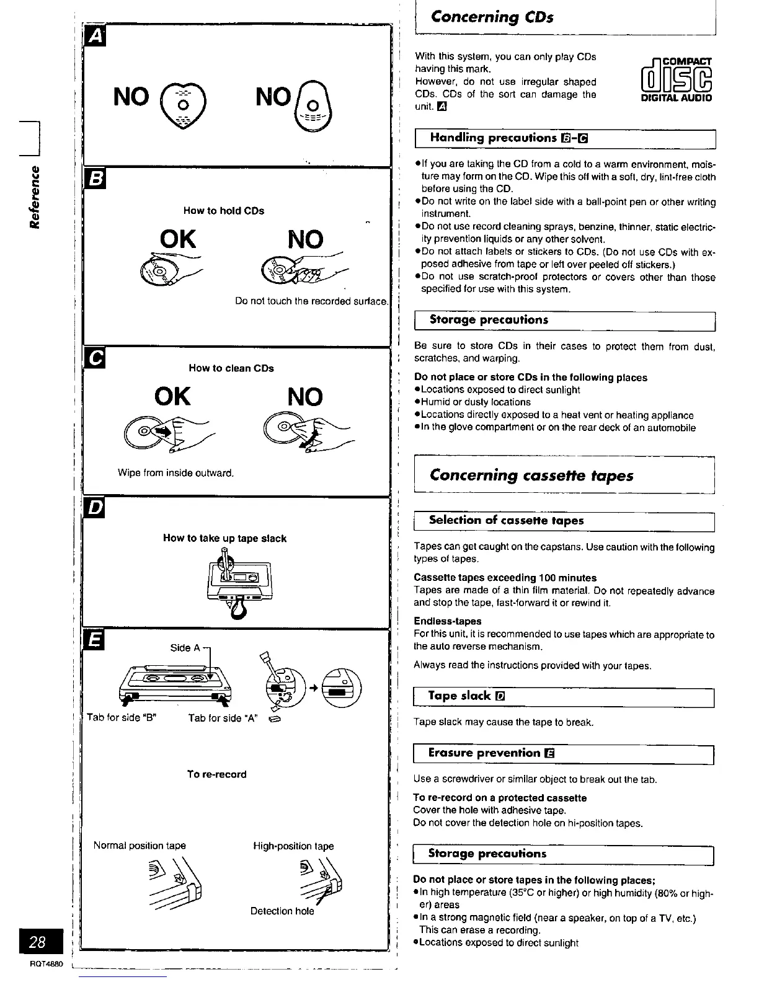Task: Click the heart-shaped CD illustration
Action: (177, 102)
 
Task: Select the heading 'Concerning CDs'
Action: (492, 16)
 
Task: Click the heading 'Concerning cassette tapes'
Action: (531, 476)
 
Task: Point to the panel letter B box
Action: (95, 178)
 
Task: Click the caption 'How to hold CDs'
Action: (223, 211)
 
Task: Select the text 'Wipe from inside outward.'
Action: (175, 473)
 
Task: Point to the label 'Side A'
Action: (185, 648)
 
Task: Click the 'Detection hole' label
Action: (282, 911)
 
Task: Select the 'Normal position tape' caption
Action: (140, 846)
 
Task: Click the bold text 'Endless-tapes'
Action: (447, 621)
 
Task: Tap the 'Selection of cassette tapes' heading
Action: (506, 521)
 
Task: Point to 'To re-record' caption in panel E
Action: (216, 774)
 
